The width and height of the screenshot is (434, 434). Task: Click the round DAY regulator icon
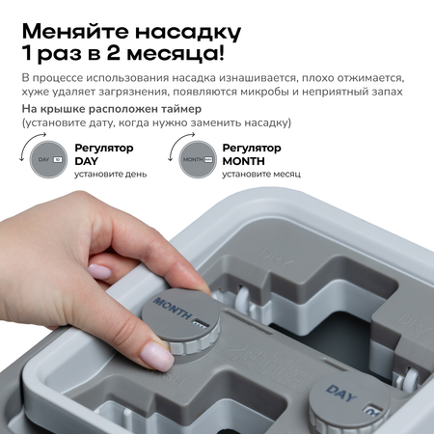click(48, 159)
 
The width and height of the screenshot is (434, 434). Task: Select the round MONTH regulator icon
click(198, 159)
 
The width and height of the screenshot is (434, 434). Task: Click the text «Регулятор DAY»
click(104, 154)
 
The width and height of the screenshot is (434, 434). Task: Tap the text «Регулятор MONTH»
click(252, 154)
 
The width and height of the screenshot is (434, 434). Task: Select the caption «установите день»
click(111, 175)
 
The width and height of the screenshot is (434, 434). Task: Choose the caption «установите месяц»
click(261, 175)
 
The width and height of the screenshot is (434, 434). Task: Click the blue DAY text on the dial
click(341, 393)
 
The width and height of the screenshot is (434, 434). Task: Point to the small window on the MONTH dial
click(201, 324)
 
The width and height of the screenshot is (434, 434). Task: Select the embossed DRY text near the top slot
click(276, 259)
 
